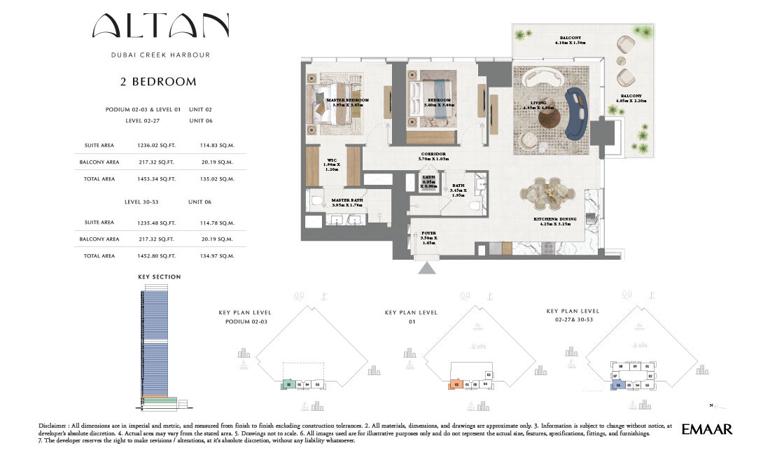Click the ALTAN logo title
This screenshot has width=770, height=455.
pos(160,27)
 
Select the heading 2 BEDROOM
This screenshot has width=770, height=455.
pos(158,82)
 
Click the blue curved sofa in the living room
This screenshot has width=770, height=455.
pos(578,114)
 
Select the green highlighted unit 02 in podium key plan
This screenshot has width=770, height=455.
pos(288,384)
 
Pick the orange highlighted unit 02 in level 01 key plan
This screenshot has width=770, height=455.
pos(456,384)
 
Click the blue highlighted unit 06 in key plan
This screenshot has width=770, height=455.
pos(618,384)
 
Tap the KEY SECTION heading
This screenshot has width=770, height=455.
pos(159,277)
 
